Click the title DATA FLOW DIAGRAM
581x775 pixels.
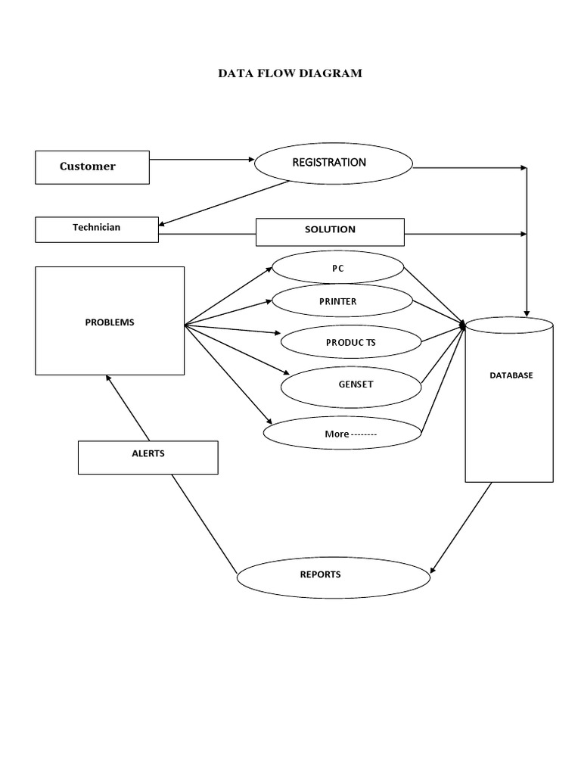coord(290,73)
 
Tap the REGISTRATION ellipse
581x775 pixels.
coord(333,163)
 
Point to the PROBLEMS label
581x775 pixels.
coord(110,322)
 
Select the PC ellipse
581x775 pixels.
coord(337,268)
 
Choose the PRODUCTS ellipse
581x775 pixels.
coord(350,342)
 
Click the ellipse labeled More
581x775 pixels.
coord(341,434)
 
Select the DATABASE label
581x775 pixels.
coord(510,375)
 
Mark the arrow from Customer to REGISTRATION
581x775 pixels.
coord(201,160)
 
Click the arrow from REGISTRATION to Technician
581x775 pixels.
coord(225,203)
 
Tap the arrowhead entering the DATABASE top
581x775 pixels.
coord(527,311)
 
